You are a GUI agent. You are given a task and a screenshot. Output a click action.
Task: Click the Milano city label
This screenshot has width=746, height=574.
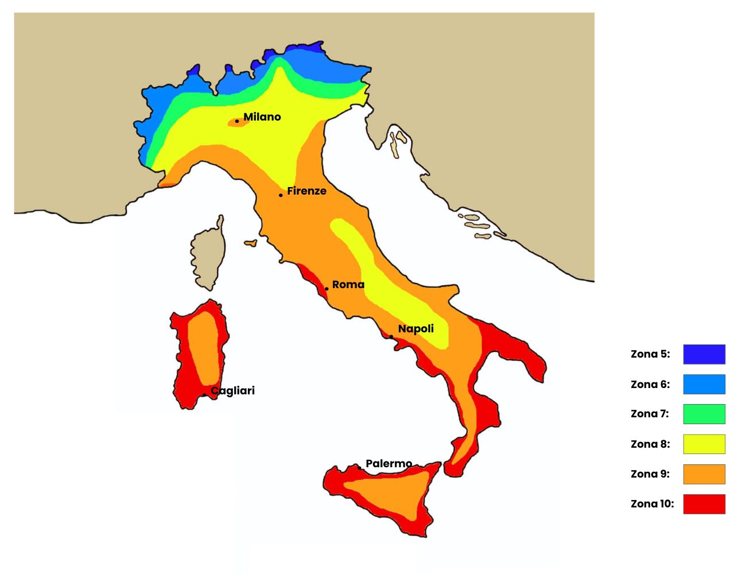pyautogui.click(x=262, y=117)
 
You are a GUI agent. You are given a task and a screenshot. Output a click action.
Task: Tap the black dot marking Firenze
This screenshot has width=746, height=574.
pyautogui.click(x=281, y=195)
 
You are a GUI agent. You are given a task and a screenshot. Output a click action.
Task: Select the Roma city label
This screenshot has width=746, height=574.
pyautogui.click(x=348, y=285)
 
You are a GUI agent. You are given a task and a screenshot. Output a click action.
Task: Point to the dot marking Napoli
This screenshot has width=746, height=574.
pyautogui.click(x=391, y=337)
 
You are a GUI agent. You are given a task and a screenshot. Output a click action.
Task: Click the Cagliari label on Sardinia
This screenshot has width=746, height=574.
pyautogui.click(x=232, y=391)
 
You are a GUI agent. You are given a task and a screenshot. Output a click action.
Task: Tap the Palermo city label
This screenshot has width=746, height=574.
pyautogui.click(x=388, y=463)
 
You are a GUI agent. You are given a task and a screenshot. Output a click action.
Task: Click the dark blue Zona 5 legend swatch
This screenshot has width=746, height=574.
pyautogui.click(x=704, y=354)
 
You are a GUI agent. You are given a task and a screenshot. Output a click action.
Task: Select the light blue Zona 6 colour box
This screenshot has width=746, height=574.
pyautogui.click(x=704, y=384)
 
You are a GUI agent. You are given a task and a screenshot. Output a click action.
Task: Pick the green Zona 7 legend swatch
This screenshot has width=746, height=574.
pyautogui.click(x=704, y=414)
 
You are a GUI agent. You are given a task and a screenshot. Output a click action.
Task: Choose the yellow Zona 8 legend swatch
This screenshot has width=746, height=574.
pyautogui.click(x=704, y=444)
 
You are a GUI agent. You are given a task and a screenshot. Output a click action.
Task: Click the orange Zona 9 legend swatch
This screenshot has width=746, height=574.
pyautogui.click(x=704, y=474)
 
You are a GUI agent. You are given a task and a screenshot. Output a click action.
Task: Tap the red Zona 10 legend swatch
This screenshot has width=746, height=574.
pyautogui.click(x=704, y=504)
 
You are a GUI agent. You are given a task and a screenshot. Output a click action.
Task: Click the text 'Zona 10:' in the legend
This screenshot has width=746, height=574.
pyautogui.click(x=652, y=504)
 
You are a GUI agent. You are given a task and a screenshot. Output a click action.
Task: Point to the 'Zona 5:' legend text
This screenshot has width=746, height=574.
pyautogui.click(x=650, y=354)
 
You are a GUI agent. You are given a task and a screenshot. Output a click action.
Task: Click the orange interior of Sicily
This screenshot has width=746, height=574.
pyautogui.click(x=390, y=494)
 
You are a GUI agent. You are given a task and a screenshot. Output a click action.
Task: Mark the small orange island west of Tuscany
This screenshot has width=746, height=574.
pyautogui.click(x=251, y=243)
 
